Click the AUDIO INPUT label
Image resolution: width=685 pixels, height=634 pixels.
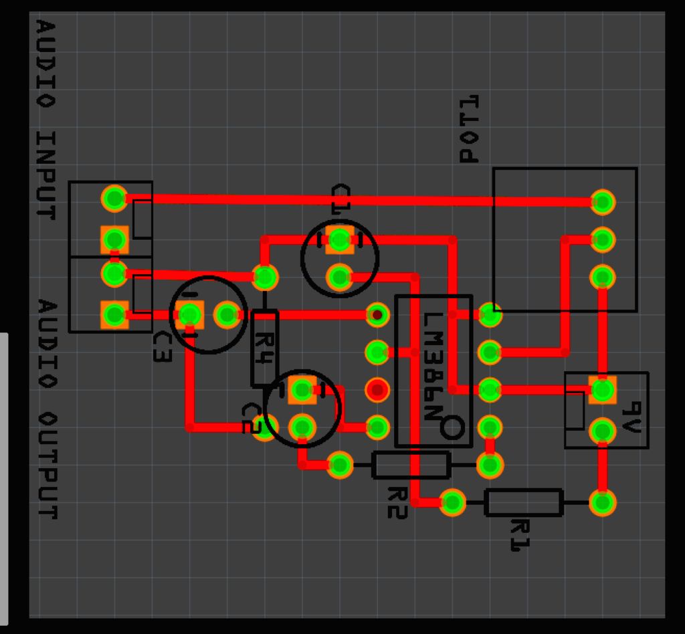click(x=45, y=120)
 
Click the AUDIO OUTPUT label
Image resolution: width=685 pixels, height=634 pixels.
click(x=47, y=409)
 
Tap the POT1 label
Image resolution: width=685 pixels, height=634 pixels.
click(x=469, y=129)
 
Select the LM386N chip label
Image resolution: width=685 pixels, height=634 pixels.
click(x=433, y=366)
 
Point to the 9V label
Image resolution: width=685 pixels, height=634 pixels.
click(x=631, y=417)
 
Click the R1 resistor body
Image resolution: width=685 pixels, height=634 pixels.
click(x=523, y=502)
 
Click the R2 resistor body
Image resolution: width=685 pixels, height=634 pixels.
click(x=411, y=465)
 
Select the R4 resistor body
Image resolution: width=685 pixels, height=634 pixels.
click(x=264, y=348)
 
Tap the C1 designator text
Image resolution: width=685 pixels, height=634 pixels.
click(x=340, y=199)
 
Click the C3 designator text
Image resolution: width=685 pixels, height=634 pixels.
click(x=162, y=347)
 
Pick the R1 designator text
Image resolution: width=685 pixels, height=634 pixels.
click(x=520, y=535)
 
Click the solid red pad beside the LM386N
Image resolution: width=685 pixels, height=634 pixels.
click(x=377, y=389)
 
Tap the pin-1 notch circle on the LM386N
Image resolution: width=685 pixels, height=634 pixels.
click(x=452, y=427)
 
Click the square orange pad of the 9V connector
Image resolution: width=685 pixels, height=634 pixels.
click(x=603, y=390)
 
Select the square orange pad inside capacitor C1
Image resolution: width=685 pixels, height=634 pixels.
click(x=339, y=239)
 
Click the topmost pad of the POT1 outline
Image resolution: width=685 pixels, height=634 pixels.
click(x=603, y=202)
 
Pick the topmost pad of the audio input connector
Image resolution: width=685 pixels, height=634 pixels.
click(x=114, y=198)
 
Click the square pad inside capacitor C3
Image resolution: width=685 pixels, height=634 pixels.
click(x=189, y=314)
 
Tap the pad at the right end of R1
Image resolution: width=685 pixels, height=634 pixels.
click(x=603, y=502)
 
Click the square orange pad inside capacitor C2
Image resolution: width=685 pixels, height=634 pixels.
click(x=302, y=390)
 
